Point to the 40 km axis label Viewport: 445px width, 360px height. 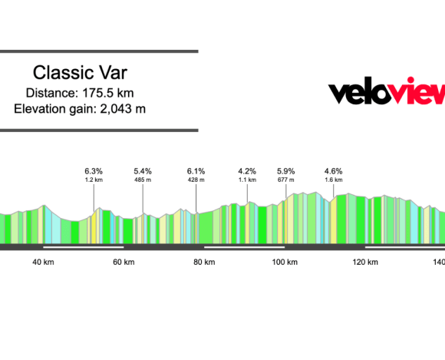(x=43, y=262)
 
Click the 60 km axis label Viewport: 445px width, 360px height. (x=124, y=262)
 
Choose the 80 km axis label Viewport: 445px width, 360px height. (x=204, y=262)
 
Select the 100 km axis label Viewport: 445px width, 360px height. (x=285, y=262)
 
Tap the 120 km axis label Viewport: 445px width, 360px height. (x=365, y=262)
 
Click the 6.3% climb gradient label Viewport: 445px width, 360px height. (x=94, y=170)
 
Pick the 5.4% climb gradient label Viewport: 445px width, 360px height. (x=143, y=170)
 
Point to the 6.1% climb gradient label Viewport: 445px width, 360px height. (x=196, y=170)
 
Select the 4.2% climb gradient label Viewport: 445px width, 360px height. (x=247, y=170)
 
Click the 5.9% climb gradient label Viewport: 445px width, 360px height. (x=286, y=170)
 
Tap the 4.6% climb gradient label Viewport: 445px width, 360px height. (x=333, y=170)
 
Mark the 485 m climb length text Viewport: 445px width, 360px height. (x=143, y=180)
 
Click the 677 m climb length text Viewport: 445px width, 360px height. (x=286, y=180)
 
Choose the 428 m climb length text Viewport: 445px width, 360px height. (x=196, y=180)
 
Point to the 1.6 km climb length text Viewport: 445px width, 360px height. (x=333, y=180)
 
